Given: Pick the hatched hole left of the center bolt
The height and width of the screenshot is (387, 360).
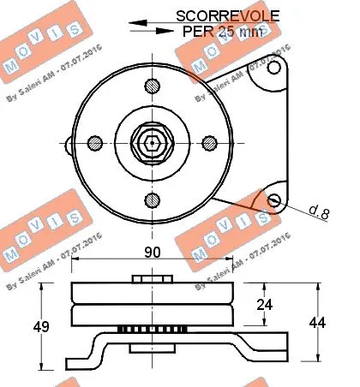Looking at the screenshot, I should (97, 142).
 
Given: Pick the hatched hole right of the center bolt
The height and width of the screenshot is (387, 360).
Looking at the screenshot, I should (208, 142).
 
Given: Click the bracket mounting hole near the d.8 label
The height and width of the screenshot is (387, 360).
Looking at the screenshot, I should (273, 200).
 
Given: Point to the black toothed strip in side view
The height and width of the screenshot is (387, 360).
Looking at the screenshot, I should (153, 330).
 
